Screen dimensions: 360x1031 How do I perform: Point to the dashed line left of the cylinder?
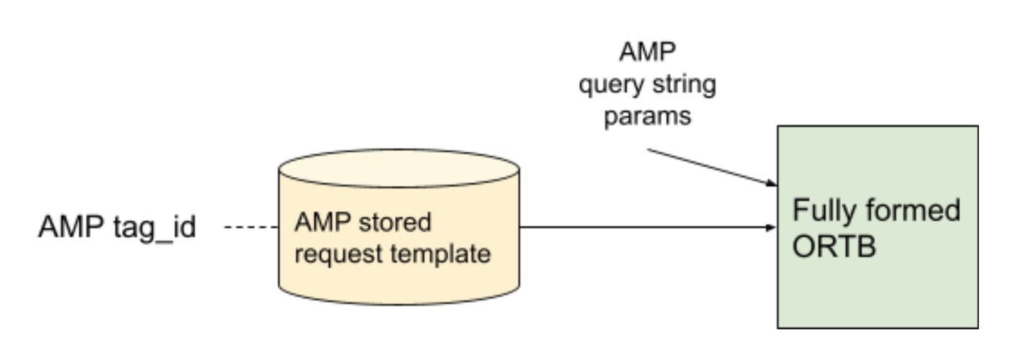(x=252, y=228)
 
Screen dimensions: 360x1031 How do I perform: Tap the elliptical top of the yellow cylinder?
(x=398, y=168)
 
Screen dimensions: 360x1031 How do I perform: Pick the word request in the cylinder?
(x=335, y=254)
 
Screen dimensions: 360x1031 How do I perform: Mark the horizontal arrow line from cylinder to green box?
(x=643, y=228)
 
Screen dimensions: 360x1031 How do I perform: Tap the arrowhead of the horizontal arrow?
(x=770, y=228)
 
